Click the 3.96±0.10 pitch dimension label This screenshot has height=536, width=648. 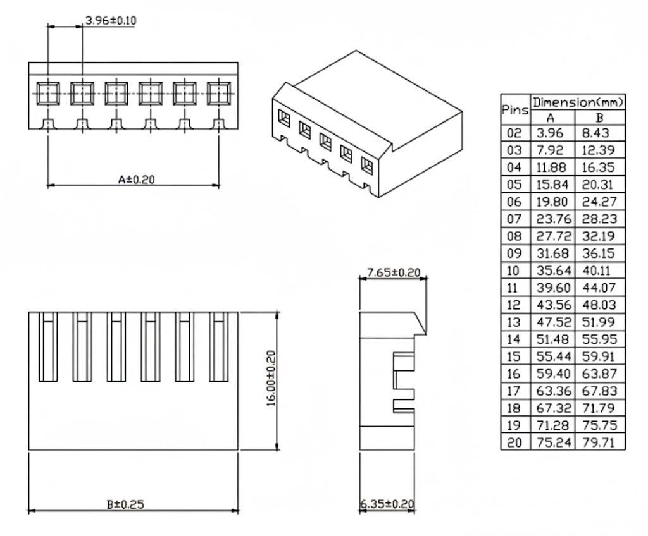tap(110, 20)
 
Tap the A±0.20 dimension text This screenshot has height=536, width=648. tap(137, 180)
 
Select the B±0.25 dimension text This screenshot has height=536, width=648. tap(126, 504)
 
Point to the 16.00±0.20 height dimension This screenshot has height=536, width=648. tap(271, 378)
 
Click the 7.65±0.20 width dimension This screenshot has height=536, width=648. tap(394, 272)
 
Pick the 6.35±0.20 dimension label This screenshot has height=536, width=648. tap(387, 504)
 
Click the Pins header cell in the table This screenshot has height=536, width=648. tap(515, 110)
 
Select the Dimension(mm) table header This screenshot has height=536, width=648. tap(578, 102)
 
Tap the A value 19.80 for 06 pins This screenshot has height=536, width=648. tap(552, 202)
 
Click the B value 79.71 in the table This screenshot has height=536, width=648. tap(599, 442)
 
